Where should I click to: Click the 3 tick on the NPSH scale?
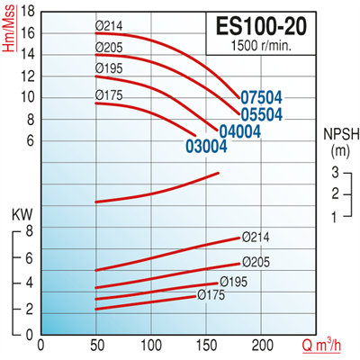pyautogui.click(x=333, y=172)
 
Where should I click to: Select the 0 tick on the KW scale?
pyautogui.click(x=30, y=334)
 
